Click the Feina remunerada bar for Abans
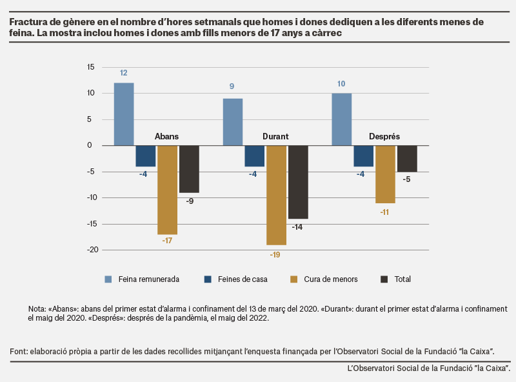pyautogui.click(x=124, y=114)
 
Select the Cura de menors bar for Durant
pyautogui.click(x=277, y=196)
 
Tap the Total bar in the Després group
pyautogui.click(x=407, y=159)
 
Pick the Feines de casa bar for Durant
pyautogui.click(x=254, y=156)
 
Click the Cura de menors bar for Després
pyautogui.click(x=385, y=174)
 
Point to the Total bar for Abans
pyautogui.click(x=189, y=169)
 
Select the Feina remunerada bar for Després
pyautogui.click(x=342, y=119)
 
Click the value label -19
pyautogui.click(x=275, y=254)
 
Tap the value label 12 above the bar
pyautogui.click(x=124, y=73)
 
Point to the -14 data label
pyautogui.click(x=297, y=227)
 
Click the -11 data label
pyautogui.click(x=384, y=212)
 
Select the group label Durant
pyautogui.click(x=275, y=136)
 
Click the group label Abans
pyautogui.click(x=166, y=136)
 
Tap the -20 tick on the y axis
pyautogui.click(x=93, y=250)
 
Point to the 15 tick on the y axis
pyautogui.click(x=90, y=67)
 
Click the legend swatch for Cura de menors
pyautogui.click(x=294, y=279)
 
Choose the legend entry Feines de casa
pyautogui.click(x=235, y=279)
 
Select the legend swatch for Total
pyautogui.click(x=384, y=279)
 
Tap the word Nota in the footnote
pyautogui.click(x=37, y=309)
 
